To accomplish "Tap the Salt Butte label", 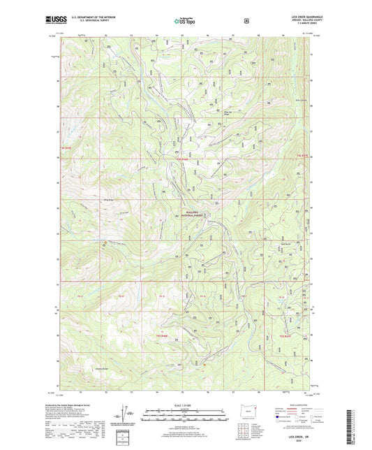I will point(285,244).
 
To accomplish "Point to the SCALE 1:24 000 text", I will point(184,405).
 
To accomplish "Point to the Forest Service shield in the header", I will point(245,21).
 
